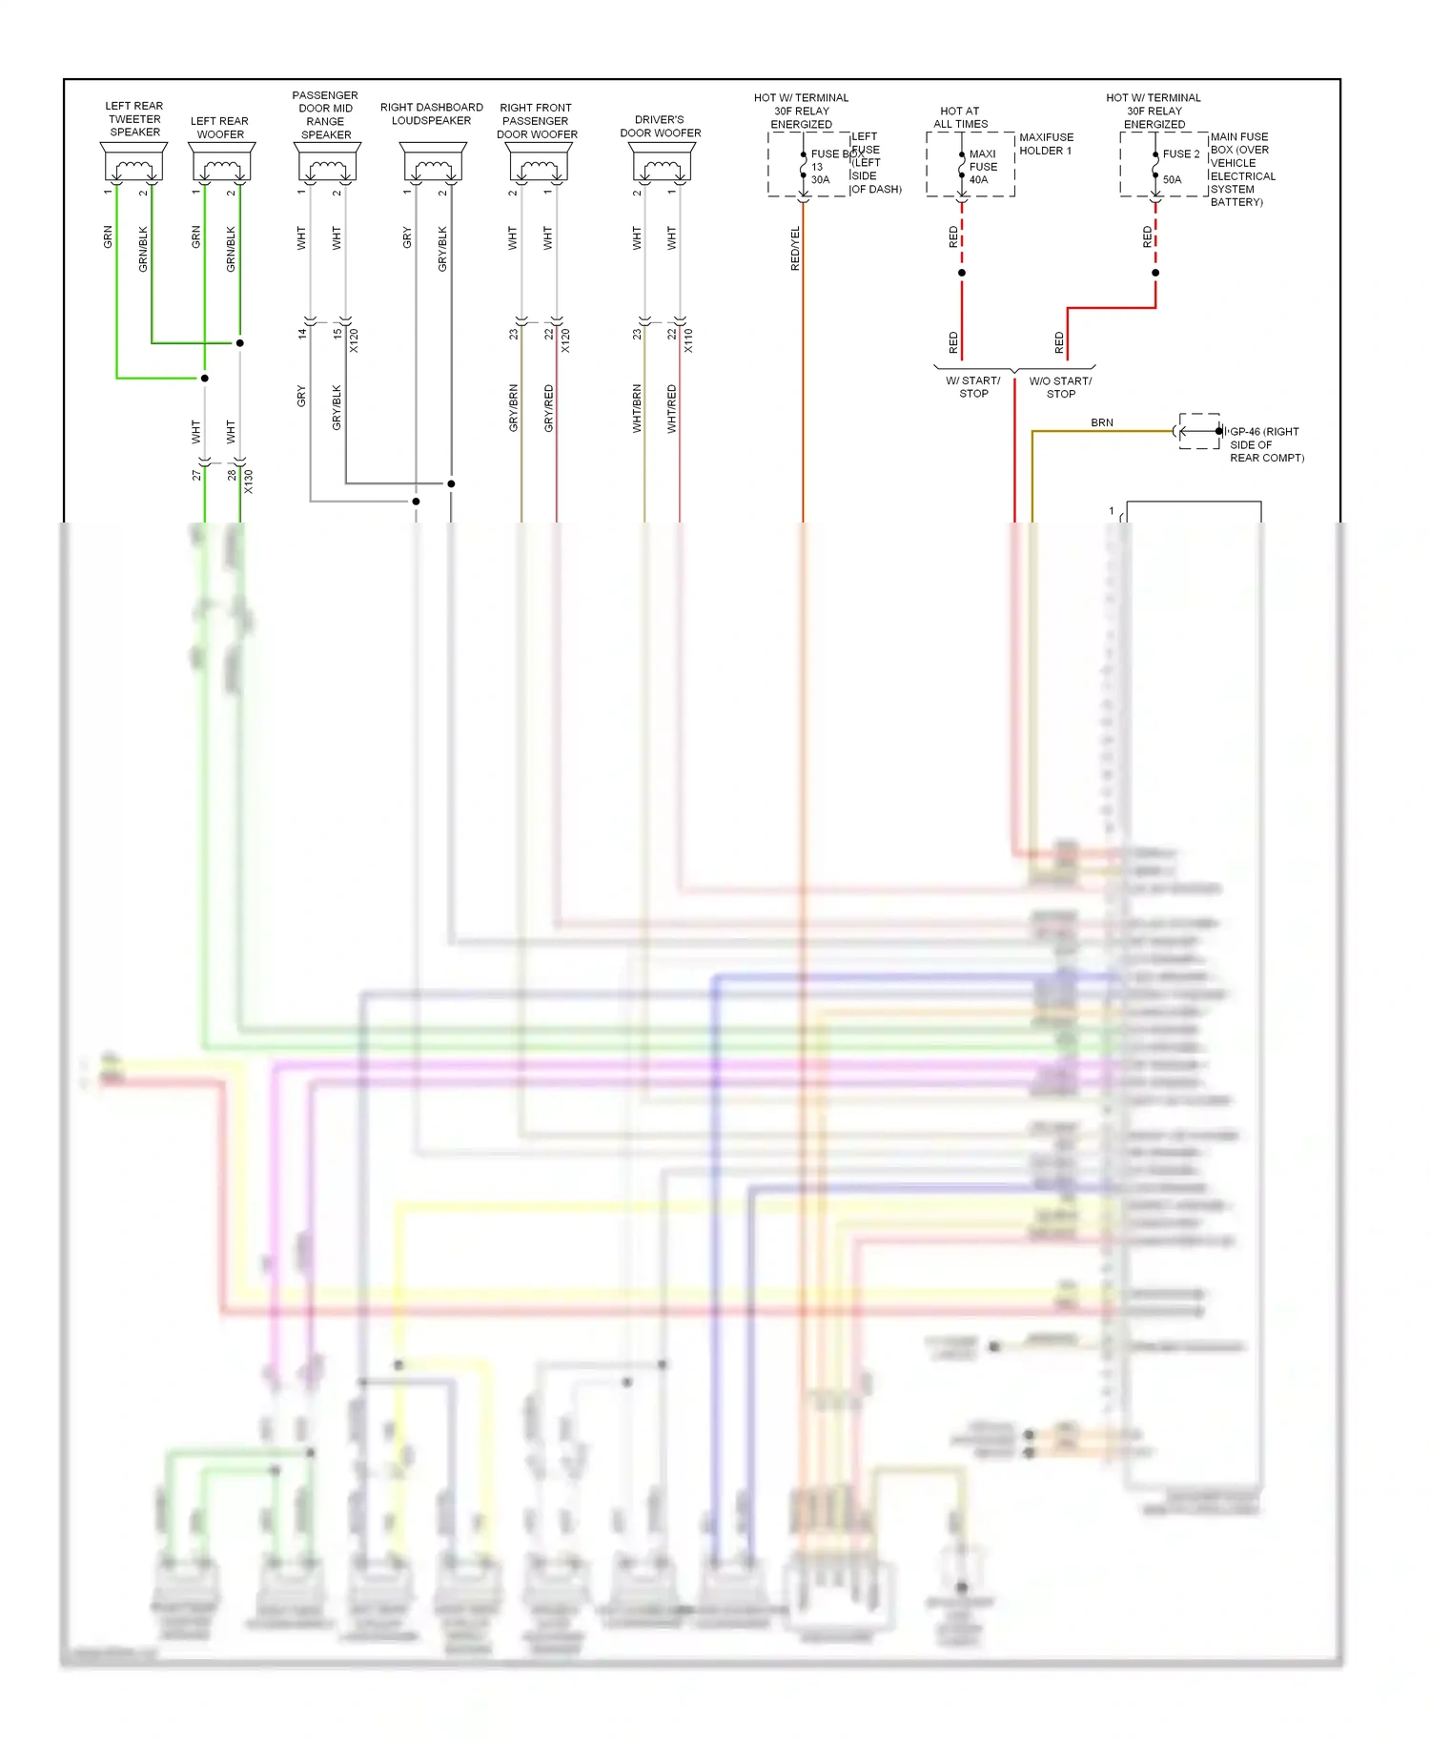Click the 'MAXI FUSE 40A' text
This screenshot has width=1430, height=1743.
click(x=983, y=167)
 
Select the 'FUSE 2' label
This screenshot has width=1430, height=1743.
click(x=1181, y=154)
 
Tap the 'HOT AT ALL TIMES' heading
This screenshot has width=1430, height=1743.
click(x=960, y=117)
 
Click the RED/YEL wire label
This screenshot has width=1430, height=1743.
click(x=795, y=249)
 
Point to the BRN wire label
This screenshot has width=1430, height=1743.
click(x=1102, y=422)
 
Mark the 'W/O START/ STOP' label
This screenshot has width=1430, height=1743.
click(x=1060, y=387)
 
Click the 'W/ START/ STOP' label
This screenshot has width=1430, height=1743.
click(x=973, y=387)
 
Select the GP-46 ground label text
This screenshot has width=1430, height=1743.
click(x=1265, y=444)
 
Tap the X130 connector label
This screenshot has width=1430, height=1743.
click(x=249, y=481)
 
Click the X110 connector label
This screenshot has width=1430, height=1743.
click(x=688, y=340)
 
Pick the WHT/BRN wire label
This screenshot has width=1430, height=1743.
click(x=637, y=408)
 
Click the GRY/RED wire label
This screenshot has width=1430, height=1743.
click(x=548, y=408)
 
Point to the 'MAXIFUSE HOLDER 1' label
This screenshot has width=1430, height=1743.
click(x=1046, y=144)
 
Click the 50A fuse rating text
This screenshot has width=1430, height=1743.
click(x=1172, y=179)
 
